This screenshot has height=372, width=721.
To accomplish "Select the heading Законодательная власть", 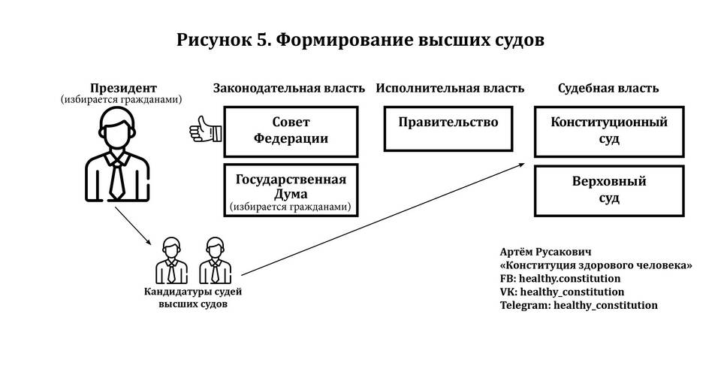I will click(x=289, y=88).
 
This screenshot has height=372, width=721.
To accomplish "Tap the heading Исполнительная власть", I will click(x=450, y=88).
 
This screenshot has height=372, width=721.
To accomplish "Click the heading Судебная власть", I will click(x=608, y=88).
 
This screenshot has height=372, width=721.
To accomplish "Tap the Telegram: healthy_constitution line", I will click(x=578, y=305).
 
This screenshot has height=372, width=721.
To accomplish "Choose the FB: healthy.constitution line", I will click(x=560, y=278).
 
